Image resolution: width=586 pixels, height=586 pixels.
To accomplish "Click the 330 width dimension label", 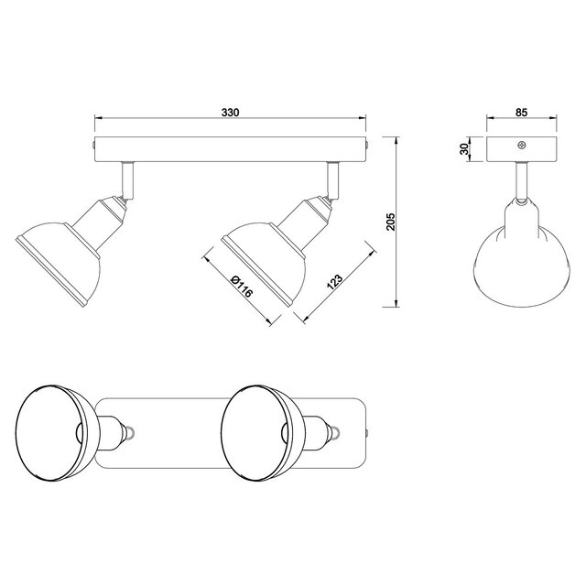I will (x=230, y=112).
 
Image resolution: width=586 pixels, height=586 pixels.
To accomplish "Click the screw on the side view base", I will (x=521, y=145).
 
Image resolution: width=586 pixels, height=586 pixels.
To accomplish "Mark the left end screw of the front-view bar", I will (x=94, y=145).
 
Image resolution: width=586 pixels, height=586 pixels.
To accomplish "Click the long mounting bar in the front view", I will (x=229, y=146).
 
